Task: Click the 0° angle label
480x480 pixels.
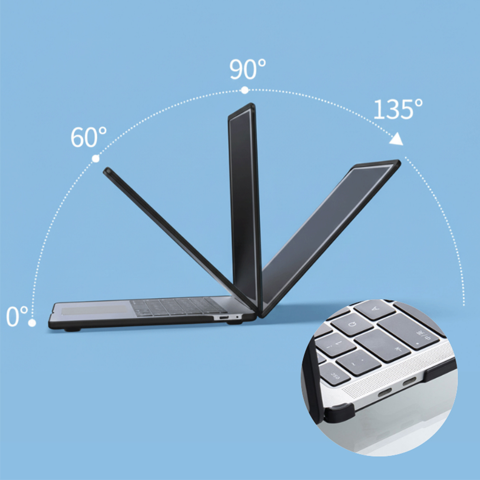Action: point(17,316)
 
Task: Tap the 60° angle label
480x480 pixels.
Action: point(89,137)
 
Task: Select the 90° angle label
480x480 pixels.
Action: point(248,69)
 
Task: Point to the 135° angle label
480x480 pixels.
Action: point(398,109)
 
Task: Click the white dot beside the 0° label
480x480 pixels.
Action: point(32,323)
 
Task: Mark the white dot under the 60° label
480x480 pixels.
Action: point(96,158)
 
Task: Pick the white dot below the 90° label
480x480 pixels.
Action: point(245,90)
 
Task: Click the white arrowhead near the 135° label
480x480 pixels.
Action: point(397,139)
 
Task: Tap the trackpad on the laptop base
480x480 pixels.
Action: point(94,310)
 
